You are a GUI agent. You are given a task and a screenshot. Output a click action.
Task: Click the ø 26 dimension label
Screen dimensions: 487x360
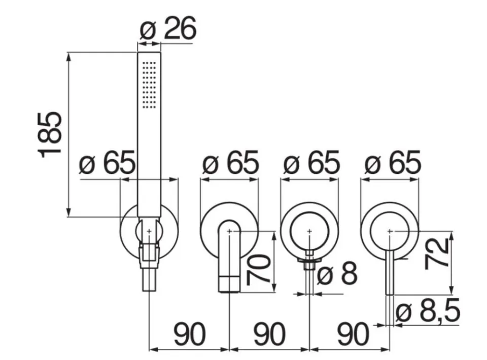pos(168,28)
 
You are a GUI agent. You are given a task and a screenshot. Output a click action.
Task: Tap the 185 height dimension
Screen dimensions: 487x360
pos(50,134)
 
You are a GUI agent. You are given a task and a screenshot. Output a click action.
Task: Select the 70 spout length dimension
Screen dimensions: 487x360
pos(258,269)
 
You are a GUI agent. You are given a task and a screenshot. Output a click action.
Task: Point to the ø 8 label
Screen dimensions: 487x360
pos(337,273)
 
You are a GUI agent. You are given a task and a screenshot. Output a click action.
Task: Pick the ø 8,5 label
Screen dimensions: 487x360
pos(428,311)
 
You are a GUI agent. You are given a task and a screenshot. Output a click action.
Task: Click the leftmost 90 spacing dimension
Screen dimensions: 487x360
pos(189,334)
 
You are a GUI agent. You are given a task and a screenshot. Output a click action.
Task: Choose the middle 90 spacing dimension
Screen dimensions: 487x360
pos(269,334)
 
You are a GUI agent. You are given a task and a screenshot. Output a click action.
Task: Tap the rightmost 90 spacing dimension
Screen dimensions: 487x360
pos(353,334)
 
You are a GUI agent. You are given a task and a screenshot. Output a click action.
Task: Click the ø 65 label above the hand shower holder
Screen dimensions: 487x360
pos(107,163)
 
